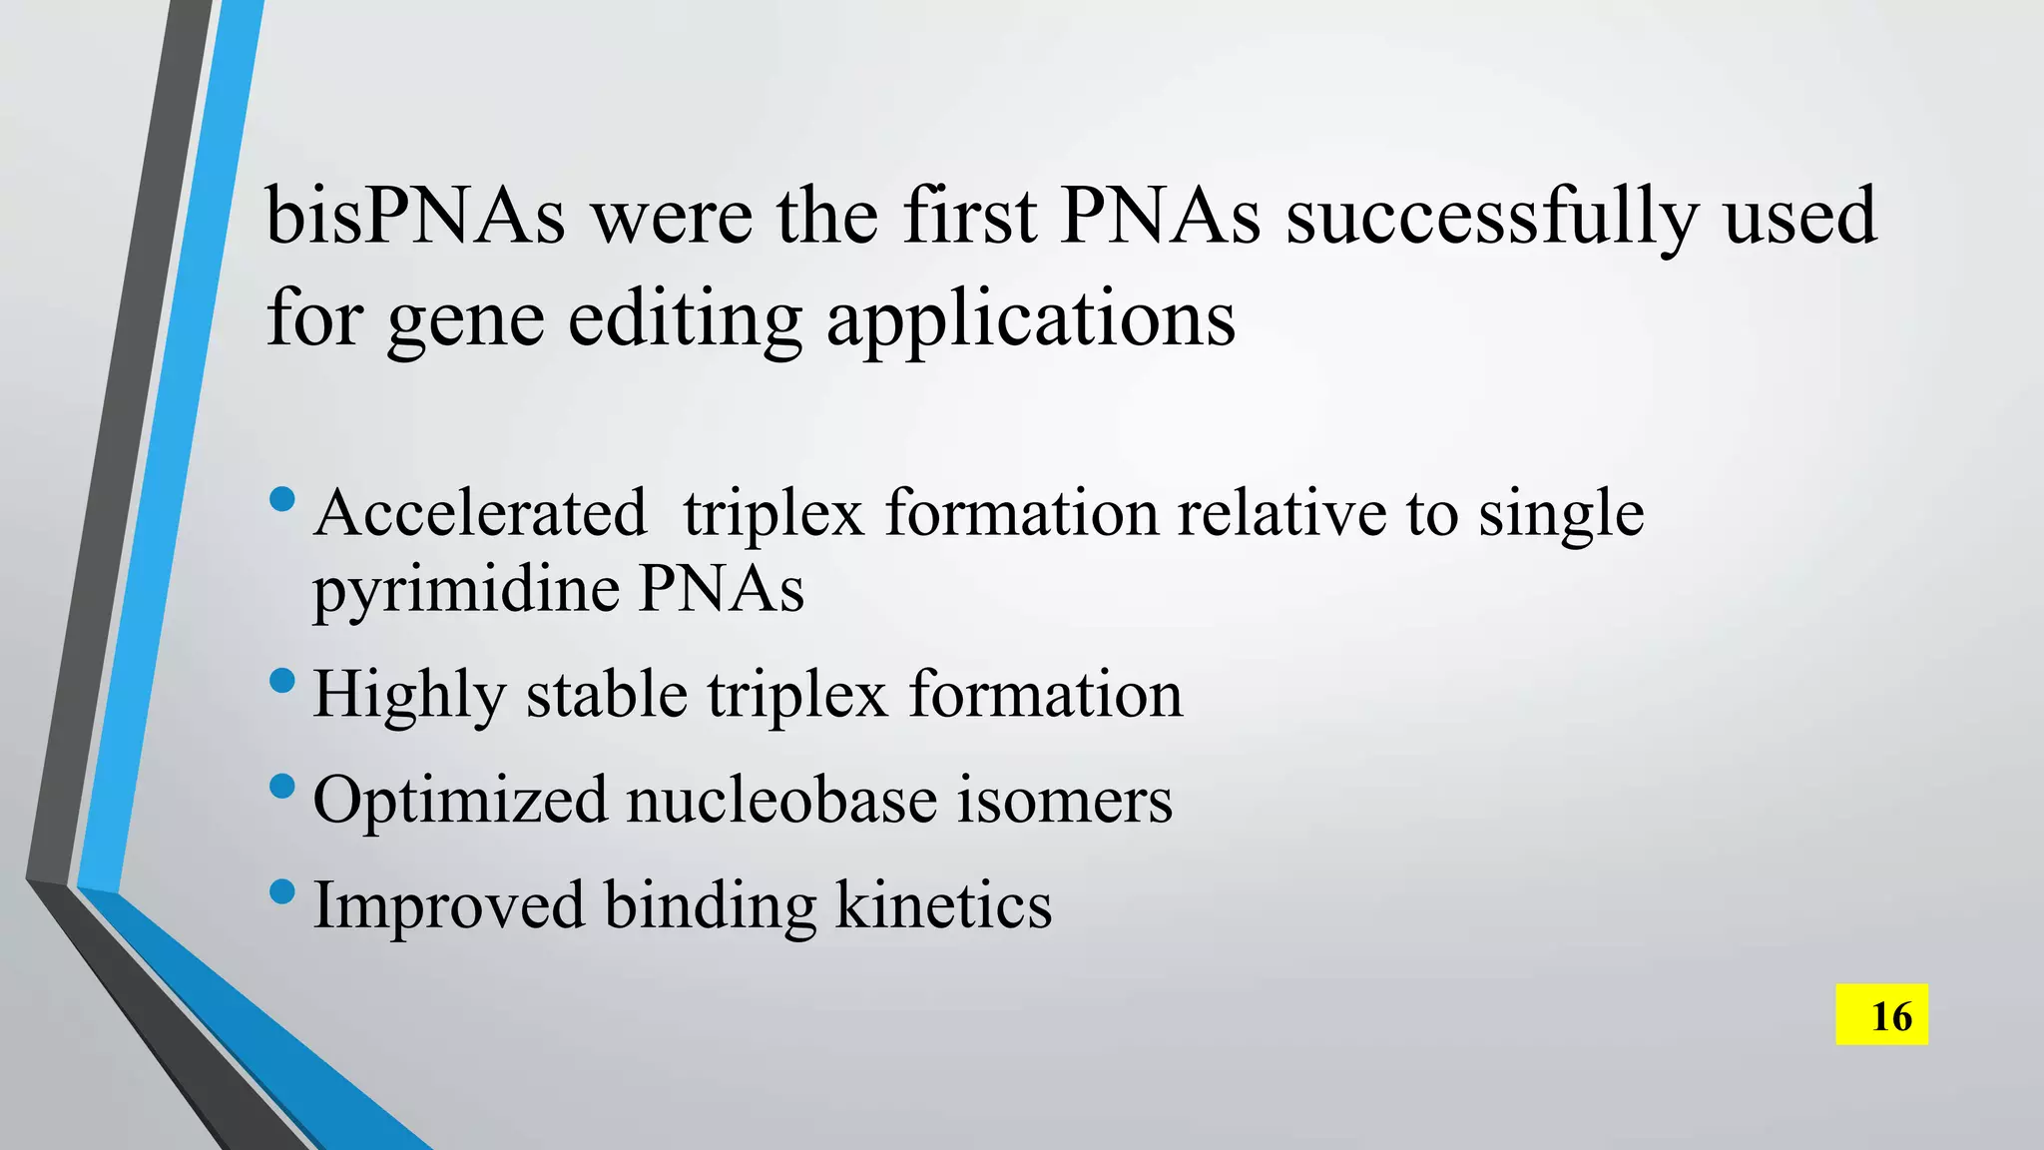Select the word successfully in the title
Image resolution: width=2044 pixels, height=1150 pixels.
(1492, 218)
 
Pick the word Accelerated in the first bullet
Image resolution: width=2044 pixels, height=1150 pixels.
(480, 513)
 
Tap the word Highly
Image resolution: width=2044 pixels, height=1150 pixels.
(409, 697)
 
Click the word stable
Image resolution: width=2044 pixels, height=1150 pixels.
(607, 695)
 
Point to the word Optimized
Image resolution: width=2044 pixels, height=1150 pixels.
(460, 801)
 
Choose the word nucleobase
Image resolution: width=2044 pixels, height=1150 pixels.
(781, 801)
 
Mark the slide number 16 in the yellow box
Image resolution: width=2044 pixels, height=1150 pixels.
(1881, 1015)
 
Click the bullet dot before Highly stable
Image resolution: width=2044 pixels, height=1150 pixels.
(282, 682)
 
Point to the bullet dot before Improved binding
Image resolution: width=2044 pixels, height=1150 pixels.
(282, 889)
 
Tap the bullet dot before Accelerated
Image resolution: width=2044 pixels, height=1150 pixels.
(282, 498)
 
